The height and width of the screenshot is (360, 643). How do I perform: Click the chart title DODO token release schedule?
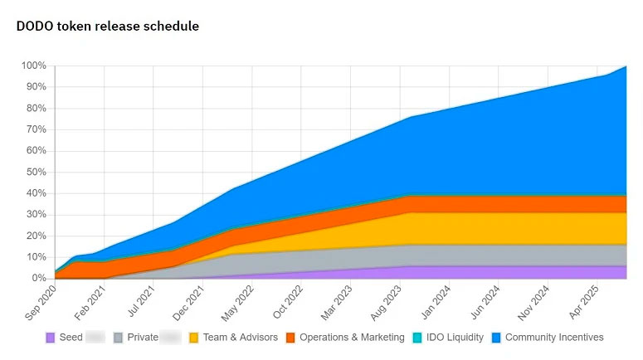pyautogui.click(x=108, y=27)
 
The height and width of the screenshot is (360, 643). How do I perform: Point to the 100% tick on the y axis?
pyautogui.click(x=33, y=66)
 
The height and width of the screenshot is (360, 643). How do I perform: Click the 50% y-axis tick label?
pyautogui.click(x=36, y=172)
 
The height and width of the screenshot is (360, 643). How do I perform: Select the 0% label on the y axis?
pyautogui.click(x=38, y=279)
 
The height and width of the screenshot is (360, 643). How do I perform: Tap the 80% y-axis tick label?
pyautogui.click(x=36, y=108)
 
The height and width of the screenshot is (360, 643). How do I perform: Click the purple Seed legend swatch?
pyautogui.click(x=50, y=338)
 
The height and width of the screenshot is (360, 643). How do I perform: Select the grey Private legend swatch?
pyautogui.click(x=119, y=338)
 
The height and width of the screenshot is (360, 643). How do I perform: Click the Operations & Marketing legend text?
pyautogui.click(x=352, y=338)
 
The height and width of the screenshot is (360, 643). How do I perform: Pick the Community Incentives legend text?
pyautogui.click(x=554, y=338)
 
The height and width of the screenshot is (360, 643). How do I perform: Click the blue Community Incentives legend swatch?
pyautogui.click(x=496, y=338)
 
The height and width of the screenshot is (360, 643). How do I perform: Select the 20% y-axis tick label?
pyautogui.click(x=36, y=236)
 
